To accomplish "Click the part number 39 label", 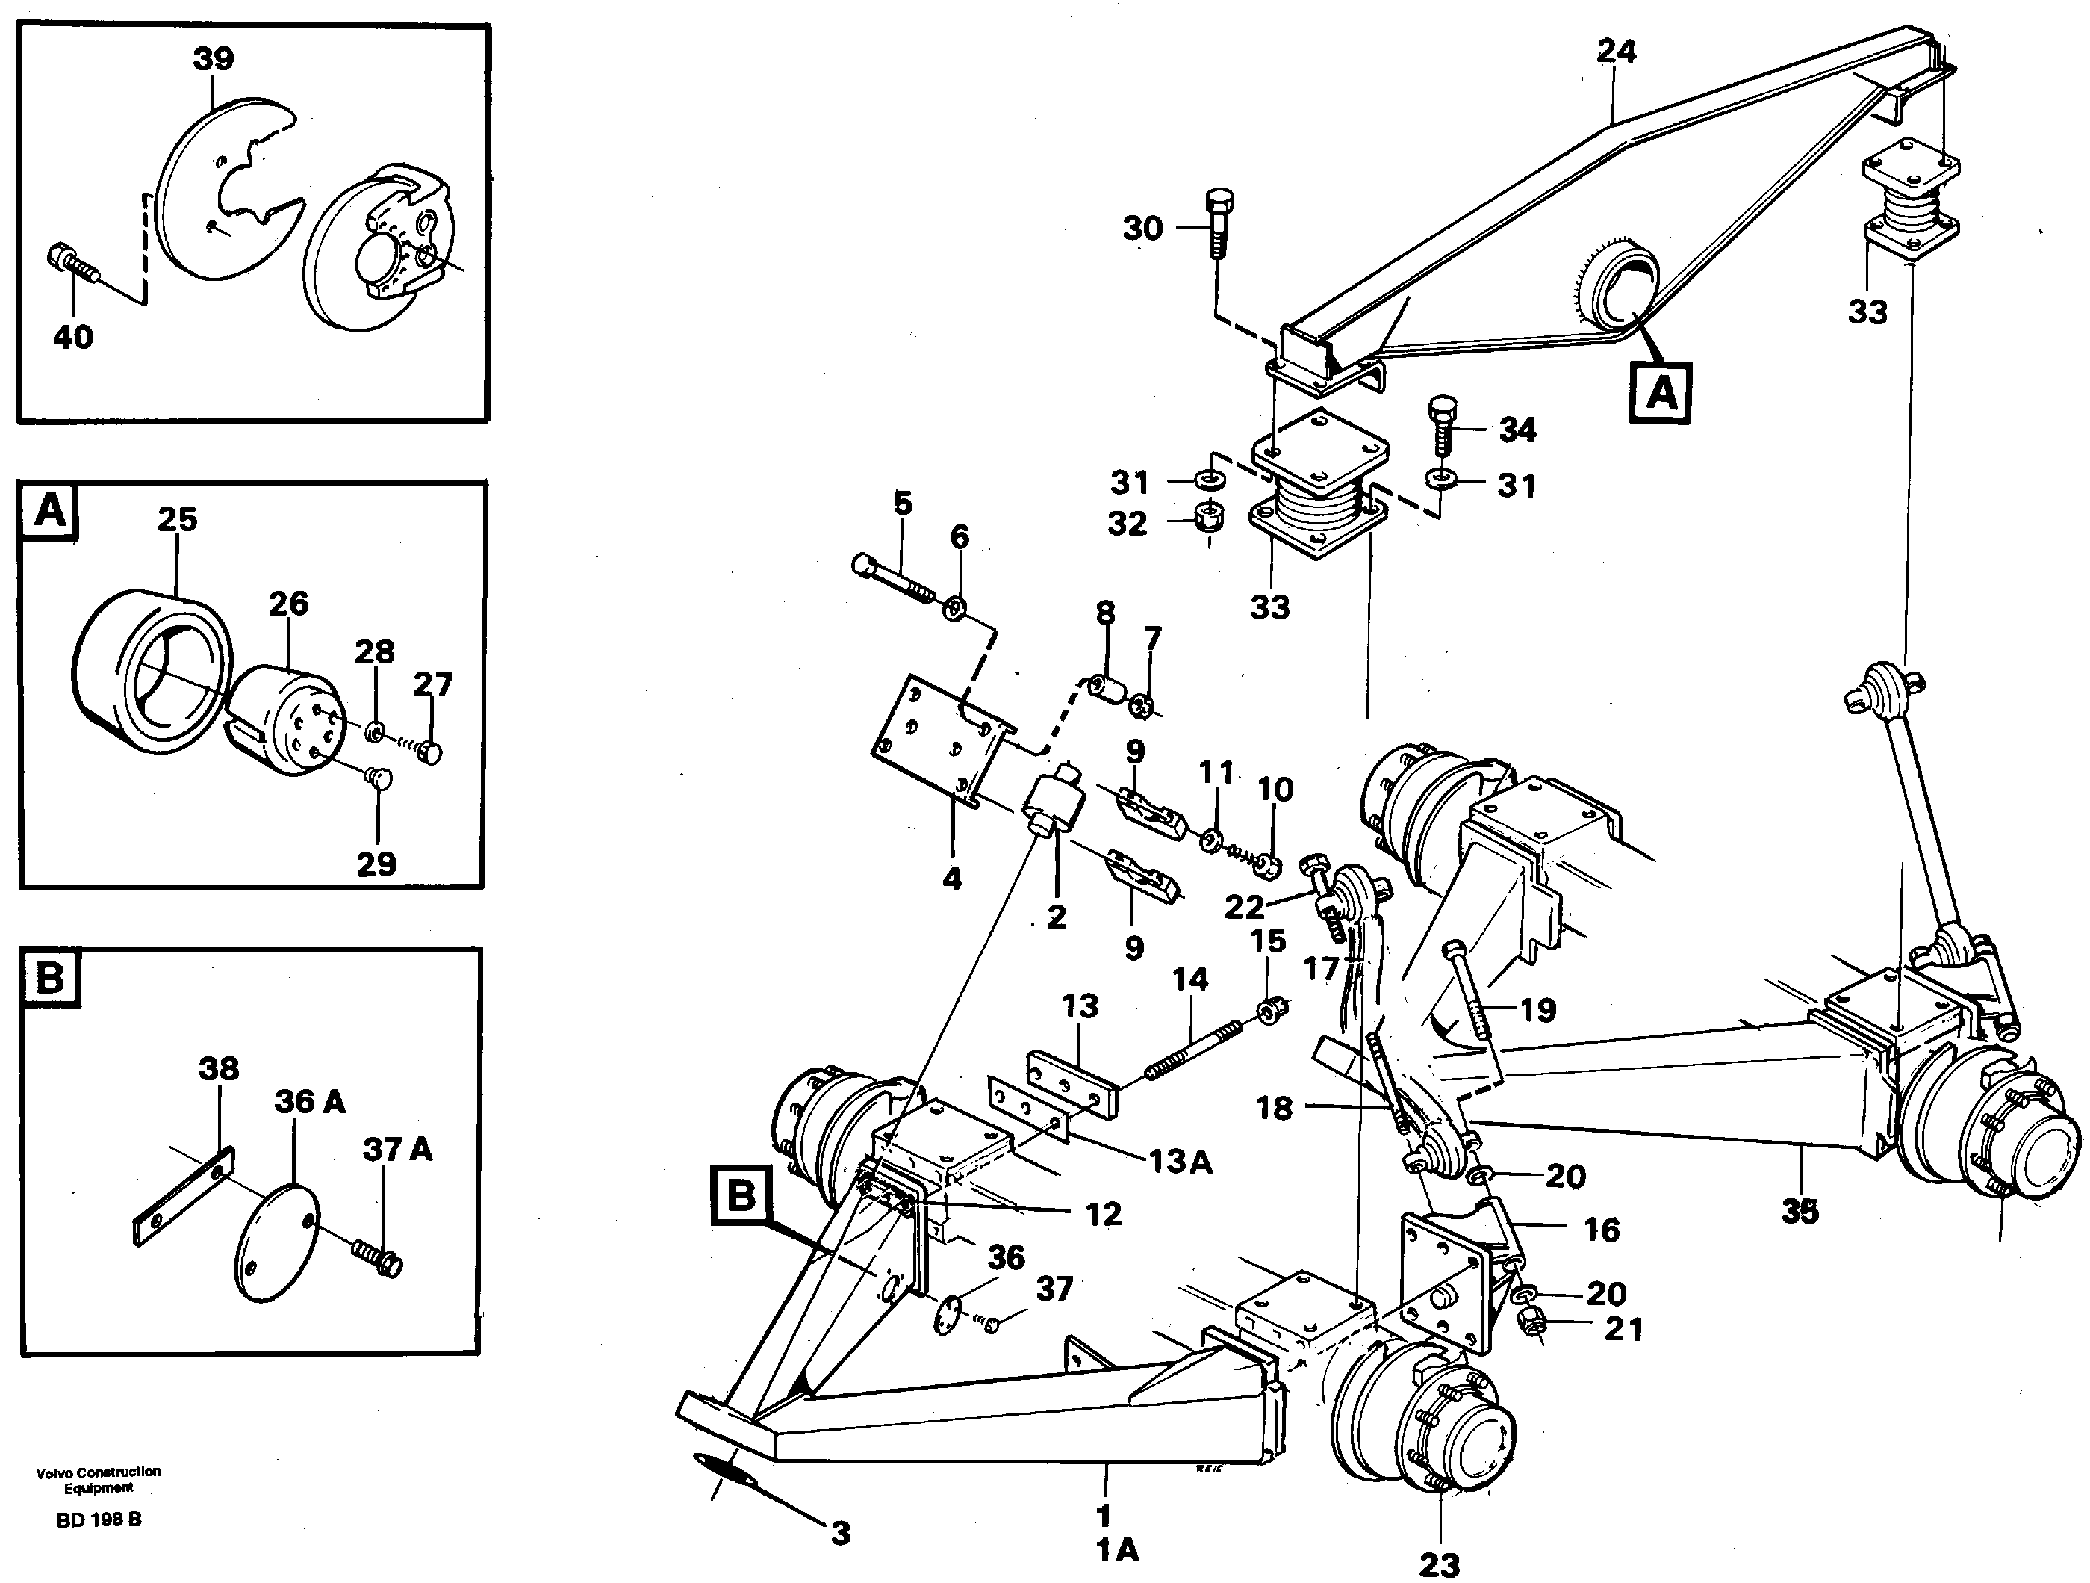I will (x=213, y=58).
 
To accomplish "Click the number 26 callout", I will (x=288, y=603).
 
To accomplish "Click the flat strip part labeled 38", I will (x=182, y=1197).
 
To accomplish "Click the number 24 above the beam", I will (x=1616, y=51).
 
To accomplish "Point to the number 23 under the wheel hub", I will (x=1439, y=1564).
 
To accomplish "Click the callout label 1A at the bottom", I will (x=1117, y=1551).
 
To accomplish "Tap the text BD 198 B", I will (x=99, y=1520).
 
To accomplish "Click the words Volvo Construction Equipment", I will (x=99, y=1479).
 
